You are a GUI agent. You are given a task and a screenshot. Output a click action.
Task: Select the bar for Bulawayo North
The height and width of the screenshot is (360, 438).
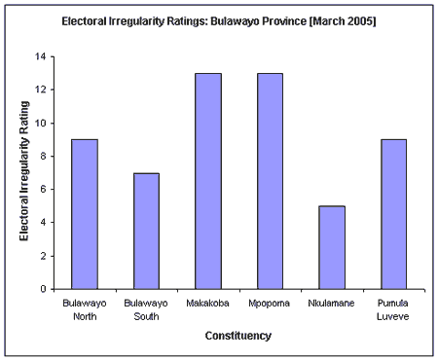[x=85, y=214]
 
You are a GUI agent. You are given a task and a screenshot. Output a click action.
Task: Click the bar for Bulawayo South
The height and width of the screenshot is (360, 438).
[x=146, y=231]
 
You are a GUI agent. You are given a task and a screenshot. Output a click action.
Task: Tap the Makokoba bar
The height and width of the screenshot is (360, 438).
[x=208, y=181]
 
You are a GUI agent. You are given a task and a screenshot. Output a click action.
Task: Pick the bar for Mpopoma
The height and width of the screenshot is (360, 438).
[x=270, y=181]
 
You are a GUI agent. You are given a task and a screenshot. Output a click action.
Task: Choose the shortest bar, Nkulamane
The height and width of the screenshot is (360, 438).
[x=331, y=247]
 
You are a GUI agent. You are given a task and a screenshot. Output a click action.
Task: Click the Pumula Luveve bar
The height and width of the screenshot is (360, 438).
[x=392, y=214]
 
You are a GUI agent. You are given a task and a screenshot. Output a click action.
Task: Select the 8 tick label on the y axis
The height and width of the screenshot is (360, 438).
[x=43, y=157]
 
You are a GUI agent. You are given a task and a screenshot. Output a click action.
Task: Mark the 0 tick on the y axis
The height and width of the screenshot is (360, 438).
[x=43, y=289]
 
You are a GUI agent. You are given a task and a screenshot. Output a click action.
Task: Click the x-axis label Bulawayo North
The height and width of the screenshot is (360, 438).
[x=85, y=308]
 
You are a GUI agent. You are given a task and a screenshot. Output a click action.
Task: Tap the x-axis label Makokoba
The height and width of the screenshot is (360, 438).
[x=208, y=304]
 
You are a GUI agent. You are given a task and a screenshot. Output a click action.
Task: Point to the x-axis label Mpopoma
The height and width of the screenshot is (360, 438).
[x=270, y=304]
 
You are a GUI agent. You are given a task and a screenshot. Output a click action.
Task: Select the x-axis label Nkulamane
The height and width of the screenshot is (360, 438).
[x=331, y=304]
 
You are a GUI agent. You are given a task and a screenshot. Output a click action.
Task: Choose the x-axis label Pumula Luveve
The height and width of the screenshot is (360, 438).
[x=392, y=308]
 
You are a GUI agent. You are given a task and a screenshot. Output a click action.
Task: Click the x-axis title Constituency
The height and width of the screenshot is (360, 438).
[x=237, y=337]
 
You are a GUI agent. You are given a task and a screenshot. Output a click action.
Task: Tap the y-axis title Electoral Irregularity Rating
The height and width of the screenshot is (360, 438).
[x=23, y=172]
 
